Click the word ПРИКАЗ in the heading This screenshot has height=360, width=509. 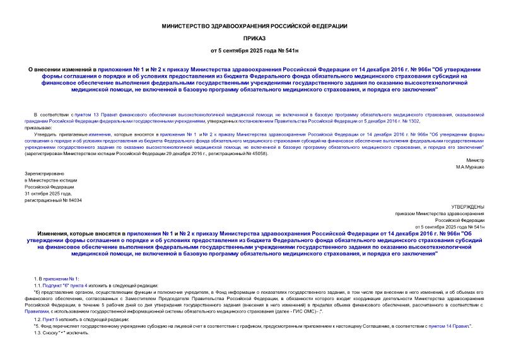pos(254,37)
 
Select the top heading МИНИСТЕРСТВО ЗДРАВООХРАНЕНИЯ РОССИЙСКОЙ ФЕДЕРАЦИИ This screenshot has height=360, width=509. pos(254,26)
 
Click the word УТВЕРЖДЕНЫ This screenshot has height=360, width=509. pos(469,207)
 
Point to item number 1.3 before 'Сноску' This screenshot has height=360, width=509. pos(38,332)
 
